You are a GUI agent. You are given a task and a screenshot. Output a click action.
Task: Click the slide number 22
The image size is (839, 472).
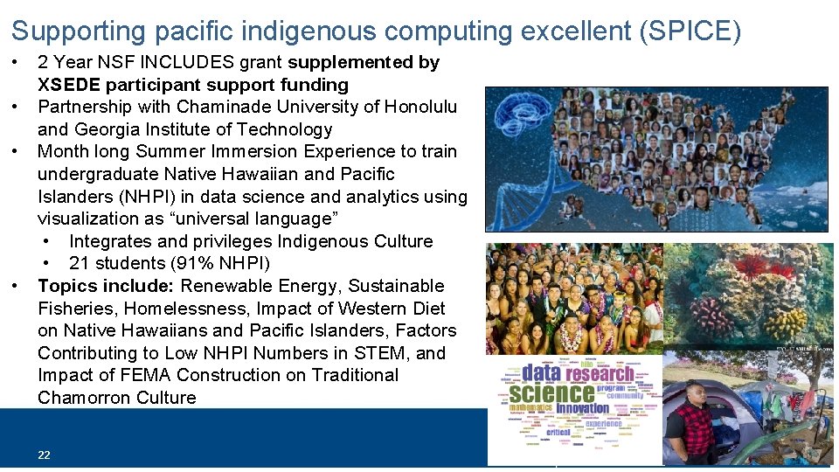point(44,455)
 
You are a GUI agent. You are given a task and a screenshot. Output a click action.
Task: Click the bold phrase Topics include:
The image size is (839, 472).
point(107,286)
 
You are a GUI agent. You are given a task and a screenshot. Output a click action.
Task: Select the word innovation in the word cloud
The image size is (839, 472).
point(583,408)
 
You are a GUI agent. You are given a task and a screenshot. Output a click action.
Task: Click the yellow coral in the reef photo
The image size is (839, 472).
point(786,323)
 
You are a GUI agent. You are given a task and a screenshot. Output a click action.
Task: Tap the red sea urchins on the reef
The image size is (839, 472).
point(752,267)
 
